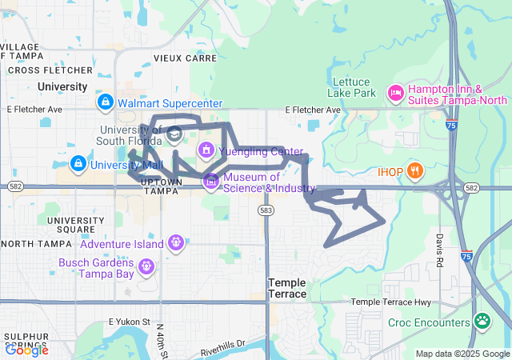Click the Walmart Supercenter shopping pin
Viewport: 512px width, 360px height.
(105, 103)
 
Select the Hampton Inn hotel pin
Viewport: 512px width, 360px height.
(394, 94)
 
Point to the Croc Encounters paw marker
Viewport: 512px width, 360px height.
(482, 322)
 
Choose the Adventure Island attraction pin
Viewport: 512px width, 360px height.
(176, 243)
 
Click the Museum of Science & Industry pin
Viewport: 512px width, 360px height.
(211, 182)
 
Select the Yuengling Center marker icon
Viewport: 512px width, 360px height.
(206, 150)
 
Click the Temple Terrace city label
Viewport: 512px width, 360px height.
(287, 288)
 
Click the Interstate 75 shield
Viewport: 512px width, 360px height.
(454, 126)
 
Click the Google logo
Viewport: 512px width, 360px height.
(26, 350)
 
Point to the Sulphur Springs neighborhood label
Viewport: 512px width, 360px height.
(27, 342)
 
